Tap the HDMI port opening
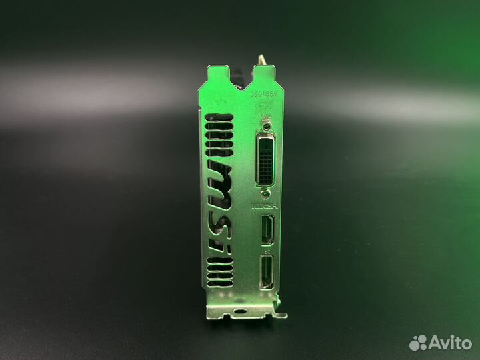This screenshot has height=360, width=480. [x=267, y=230]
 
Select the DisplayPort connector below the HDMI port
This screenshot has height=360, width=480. [x=267, y=271]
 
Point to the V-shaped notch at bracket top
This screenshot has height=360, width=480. [x=243, y=68]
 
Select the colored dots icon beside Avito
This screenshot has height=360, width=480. [x=418, y=343]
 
